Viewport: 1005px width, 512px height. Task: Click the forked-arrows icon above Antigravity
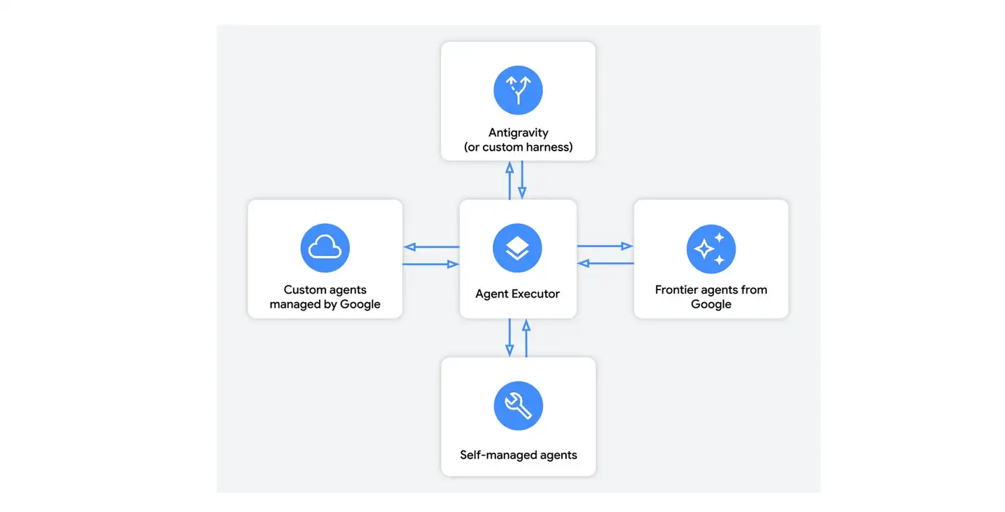[x=518, y=90]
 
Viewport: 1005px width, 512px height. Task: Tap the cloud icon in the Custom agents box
[x=325, y=248]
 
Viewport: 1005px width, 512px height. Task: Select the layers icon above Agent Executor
[x=517, y=248]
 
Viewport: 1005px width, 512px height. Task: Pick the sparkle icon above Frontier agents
[x=711, y=249]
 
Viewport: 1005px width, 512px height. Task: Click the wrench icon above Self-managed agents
[x=518, y=406]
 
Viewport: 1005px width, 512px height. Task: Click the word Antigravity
[x=518, y=133]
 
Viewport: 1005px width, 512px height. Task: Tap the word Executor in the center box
[x=537, y=294]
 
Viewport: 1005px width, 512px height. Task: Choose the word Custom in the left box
[x=303, y=289]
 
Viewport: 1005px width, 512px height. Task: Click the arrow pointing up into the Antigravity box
[x=509, y=181]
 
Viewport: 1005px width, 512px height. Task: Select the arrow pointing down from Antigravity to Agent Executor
[x=522, y=180]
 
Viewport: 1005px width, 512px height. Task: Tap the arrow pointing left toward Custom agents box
[x=431, y=247]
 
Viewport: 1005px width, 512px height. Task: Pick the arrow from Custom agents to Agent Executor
[x=431, y=264]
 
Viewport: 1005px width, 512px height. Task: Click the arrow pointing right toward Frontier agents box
[x=605, y=246]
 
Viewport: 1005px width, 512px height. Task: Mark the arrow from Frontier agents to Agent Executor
[x=605, y=263]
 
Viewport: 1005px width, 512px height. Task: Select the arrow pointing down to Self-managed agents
[x=509, y=338]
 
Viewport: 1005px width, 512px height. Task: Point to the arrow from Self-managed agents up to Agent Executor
[x=526, y=338]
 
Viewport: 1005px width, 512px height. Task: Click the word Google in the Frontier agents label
[x=711, y=304]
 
